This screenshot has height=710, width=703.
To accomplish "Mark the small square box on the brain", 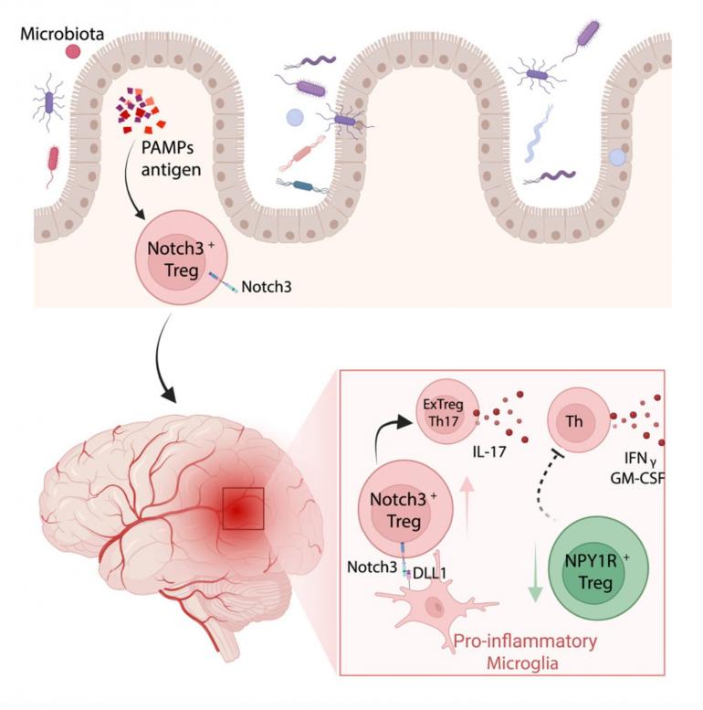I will [x=242, y=508].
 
